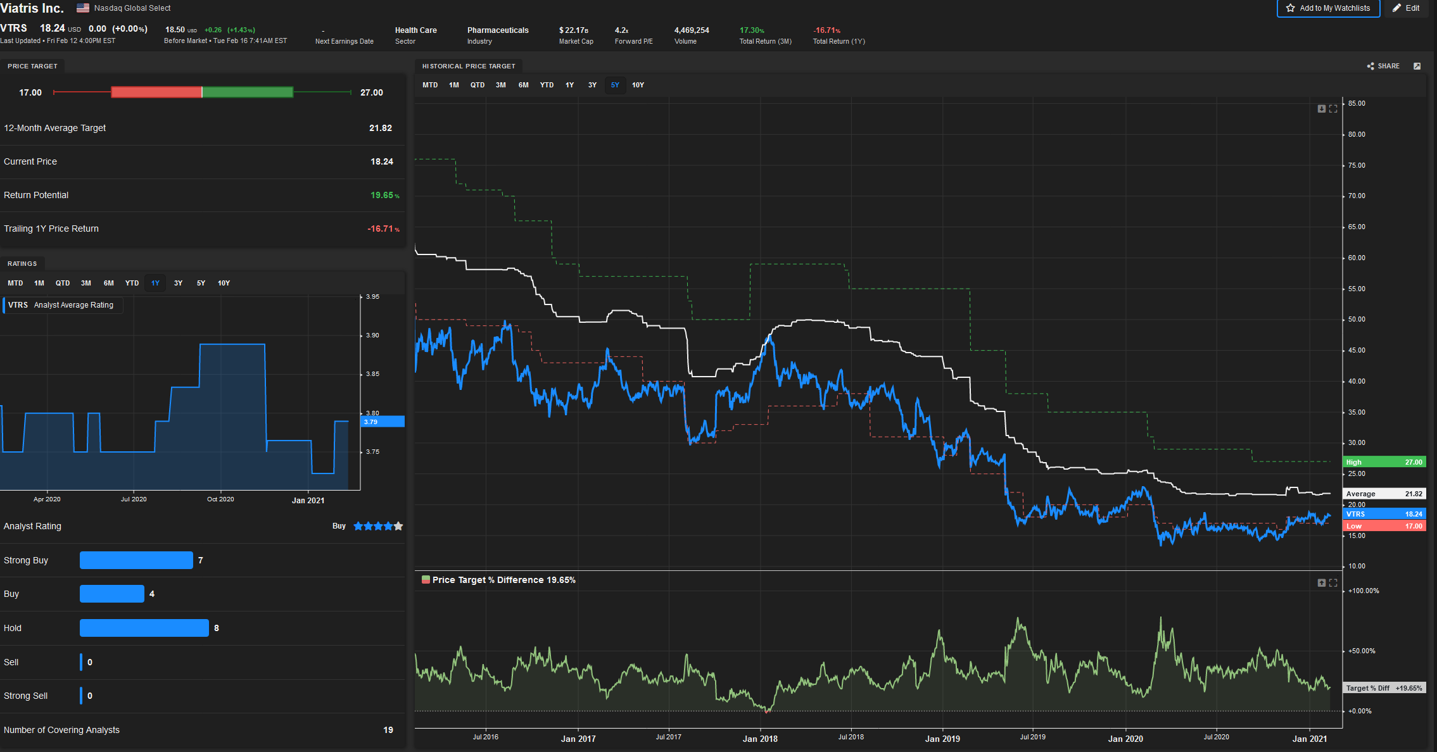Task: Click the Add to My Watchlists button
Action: point(1328,8)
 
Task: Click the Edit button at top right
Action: point(1407,8)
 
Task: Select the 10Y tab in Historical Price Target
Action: point(638,85)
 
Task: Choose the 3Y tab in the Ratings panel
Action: point(178,283)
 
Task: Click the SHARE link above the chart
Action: point(1384,66)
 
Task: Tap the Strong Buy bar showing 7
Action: point(136,560)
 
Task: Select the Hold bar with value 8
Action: point(144,628)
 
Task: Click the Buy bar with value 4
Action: point(112,594)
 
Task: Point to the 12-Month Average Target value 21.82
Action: point(380,128)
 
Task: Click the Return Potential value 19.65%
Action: point(384,195)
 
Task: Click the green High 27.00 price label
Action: point(1384,462)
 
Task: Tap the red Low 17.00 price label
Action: point(1384,526)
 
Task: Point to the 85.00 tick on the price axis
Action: point(1357,103)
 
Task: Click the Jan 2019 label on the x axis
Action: point(942,739)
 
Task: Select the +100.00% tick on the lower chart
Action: point(1364,591)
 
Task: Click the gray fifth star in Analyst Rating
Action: point(398,526)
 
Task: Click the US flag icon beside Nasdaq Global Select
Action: point(83,8)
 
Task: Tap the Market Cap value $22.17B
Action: point(574,30)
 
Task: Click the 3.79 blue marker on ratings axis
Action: point(383,422)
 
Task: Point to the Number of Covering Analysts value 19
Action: point(388,730)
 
